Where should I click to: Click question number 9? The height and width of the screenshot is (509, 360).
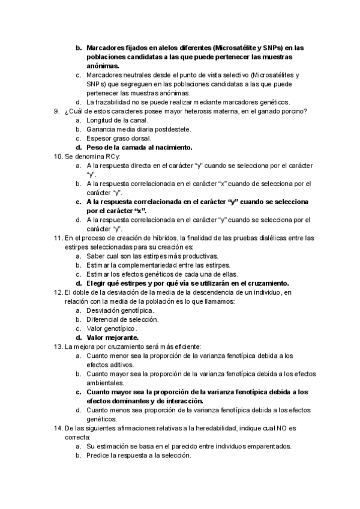tap(56, 111)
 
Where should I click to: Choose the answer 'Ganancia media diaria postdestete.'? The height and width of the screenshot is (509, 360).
tap(139, 129)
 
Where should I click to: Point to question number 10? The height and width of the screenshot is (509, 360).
tap(58, 156)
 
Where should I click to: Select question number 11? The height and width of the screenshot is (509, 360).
tap(58, 238)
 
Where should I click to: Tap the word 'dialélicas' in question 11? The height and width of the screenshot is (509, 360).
tap(257, 238)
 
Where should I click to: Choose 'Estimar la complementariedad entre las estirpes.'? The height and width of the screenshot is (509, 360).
tap(158, 265)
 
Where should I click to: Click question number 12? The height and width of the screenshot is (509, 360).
tap(58, 292)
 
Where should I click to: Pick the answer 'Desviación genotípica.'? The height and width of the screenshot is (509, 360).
tap(120, 310)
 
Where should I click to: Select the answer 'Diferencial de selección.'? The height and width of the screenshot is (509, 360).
tap(122, 319)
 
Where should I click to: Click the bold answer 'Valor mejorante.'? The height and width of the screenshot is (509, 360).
tap(112, 337)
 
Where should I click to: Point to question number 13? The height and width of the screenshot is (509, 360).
tap(58, 346)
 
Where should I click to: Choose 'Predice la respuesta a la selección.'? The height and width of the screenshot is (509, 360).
tap(139, 455)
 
